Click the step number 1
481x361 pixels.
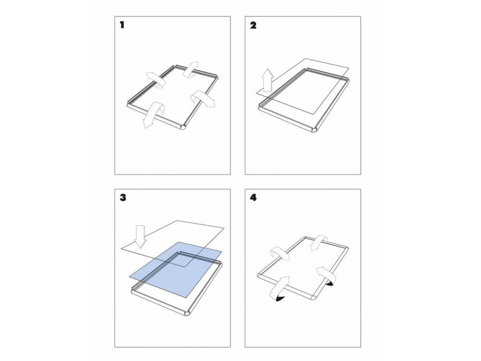coord(122,25)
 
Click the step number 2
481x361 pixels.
coord(253,25)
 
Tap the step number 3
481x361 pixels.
coord(123,197)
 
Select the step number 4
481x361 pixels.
coord(253,197)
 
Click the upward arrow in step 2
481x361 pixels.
coord(267,80)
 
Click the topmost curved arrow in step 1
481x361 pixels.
coord(191,69)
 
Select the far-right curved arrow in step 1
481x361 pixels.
coord(202,99)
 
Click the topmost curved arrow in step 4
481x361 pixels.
coord(319,243)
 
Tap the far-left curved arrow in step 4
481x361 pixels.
coord(279,253)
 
